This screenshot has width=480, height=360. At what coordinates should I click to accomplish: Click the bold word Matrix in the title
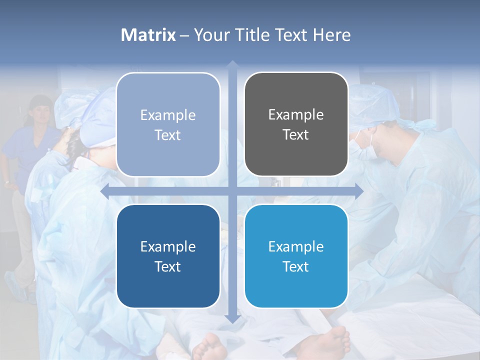(148, 35)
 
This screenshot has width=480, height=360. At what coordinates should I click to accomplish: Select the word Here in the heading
(332, 35)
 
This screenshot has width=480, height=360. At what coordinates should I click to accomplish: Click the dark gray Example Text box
(296, 124)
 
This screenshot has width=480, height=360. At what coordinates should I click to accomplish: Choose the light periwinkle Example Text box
(168, 124)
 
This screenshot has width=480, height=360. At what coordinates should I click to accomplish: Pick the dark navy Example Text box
(168, 256)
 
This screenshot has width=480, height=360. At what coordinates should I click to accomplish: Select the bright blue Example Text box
(296, 256)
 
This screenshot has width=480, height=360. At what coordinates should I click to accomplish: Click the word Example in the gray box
(296, 115)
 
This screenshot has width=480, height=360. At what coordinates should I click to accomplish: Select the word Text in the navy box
(168, 266)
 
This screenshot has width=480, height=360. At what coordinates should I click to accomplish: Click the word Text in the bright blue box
(296, 266)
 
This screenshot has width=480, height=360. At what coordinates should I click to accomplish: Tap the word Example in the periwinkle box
(168, 115)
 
